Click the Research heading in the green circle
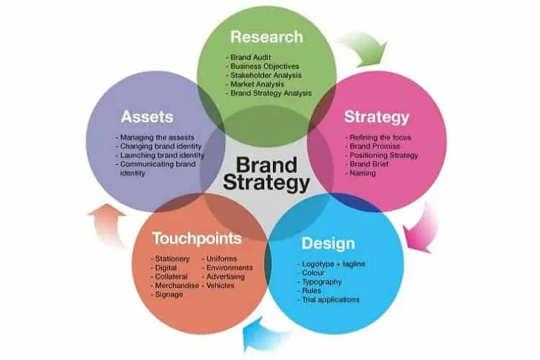(267, 37)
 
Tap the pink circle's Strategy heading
(377, 117)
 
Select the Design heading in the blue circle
(328, 244)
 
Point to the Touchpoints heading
(197, 238)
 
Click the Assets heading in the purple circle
(147, 117)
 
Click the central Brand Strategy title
(266, 174)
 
